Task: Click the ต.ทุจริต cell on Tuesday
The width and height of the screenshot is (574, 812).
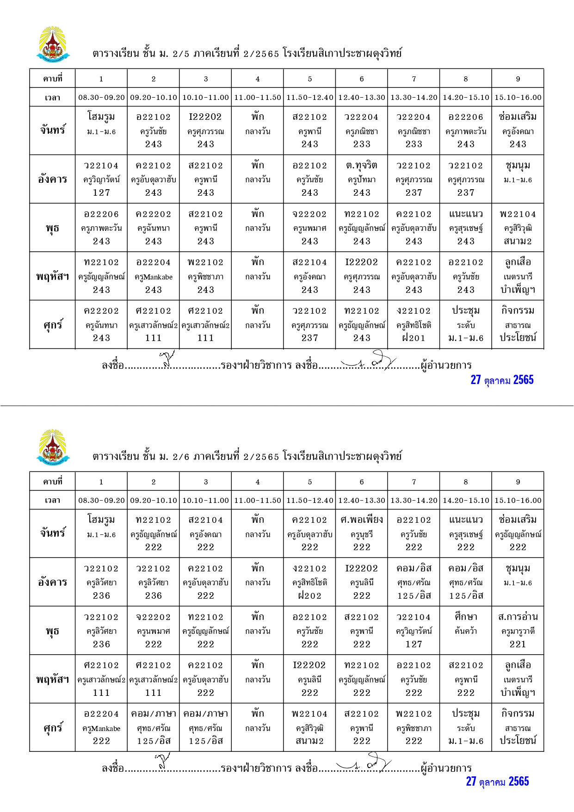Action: [362, 179]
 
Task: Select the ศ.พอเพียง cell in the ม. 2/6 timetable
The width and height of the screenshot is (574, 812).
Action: [362, 533]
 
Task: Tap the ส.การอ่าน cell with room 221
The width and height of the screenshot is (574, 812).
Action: [518, 630]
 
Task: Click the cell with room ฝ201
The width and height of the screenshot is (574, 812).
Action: [414, 324]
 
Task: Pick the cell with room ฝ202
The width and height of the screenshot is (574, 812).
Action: [309, 582]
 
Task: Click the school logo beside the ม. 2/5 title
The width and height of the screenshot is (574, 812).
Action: [53, 44]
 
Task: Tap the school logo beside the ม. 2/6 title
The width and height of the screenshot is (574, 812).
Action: [53, 447]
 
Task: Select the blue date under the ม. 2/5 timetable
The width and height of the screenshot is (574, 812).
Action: [502, 380]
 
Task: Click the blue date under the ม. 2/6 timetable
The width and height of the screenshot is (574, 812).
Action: [497, 781]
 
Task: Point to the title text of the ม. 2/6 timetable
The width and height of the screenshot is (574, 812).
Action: [247, 456]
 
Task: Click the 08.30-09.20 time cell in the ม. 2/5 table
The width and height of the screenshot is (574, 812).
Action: [101, 98]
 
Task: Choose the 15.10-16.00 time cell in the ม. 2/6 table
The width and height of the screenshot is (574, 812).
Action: [518, 500]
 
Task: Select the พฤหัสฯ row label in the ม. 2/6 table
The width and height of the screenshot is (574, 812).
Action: [52, 679]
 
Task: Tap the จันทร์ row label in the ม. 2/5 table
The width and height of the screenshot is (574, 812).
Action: [52, 130]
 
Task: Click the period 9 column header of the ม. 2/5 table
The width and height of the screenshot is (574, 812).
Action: [518, 79]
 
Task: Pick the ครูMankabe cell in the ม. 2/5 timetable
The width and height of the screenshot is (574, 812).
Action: [153, 276]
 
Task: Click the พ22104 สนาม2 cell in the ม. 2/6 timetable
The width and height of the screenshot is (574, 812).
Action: [309, 727]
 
